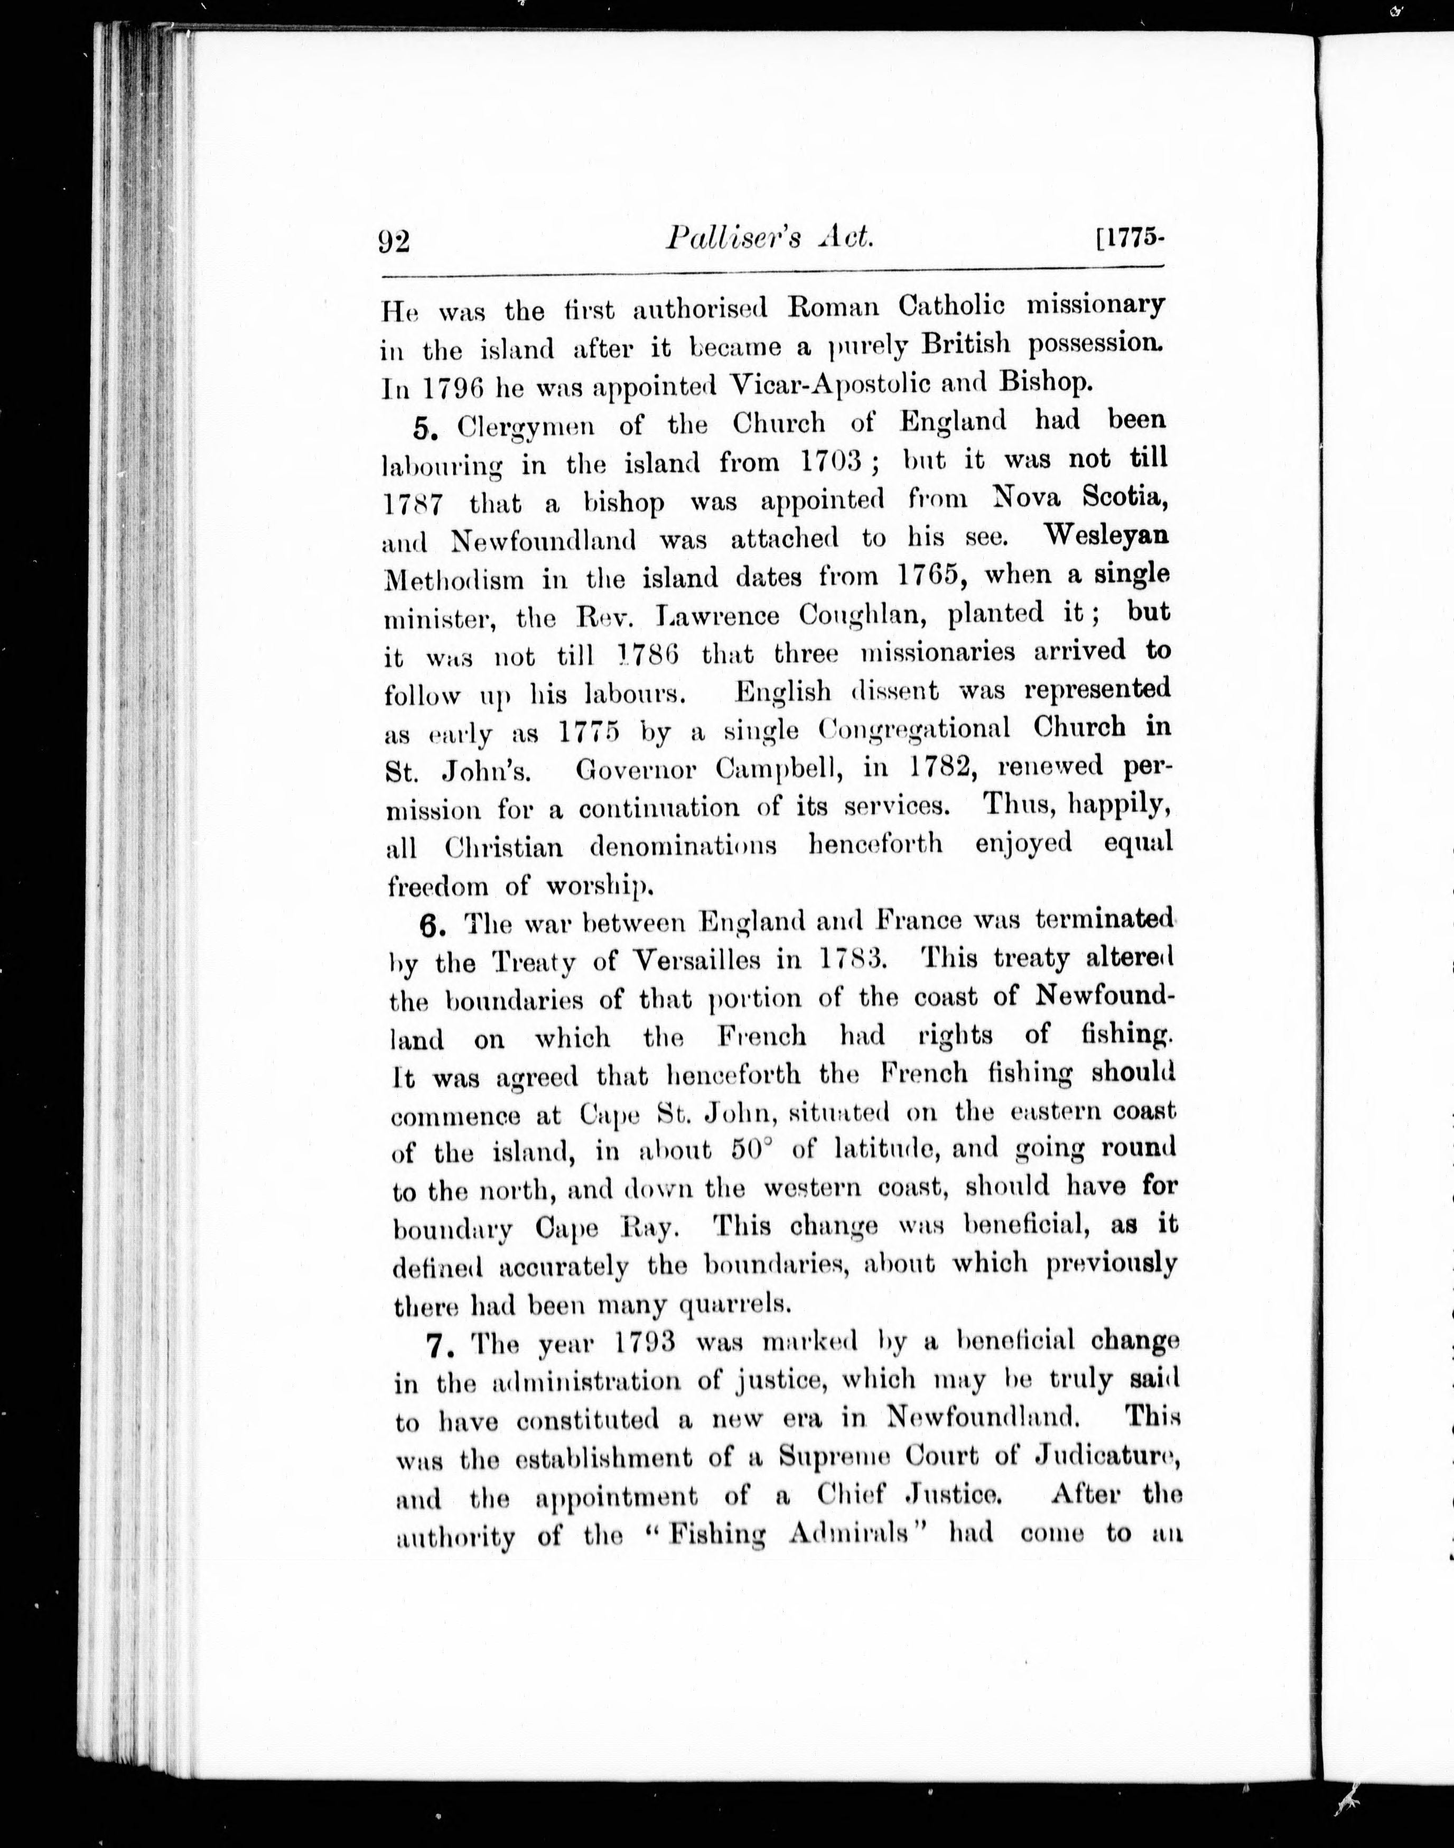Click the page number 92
click(x=394, y=242)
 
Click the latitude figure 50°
click(x=752, y=1150)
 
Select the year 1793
click(x=645, y=1342)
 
